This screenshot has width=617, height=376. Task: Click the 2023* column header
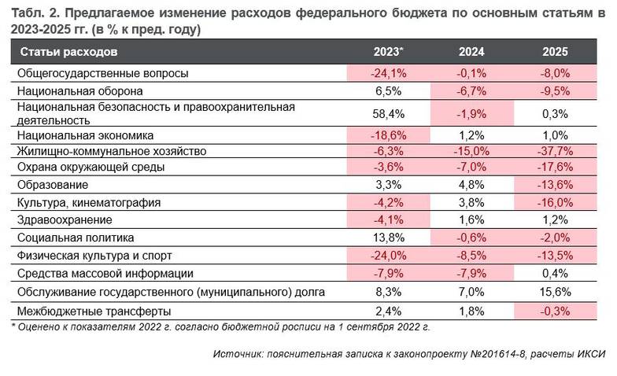point(388,53)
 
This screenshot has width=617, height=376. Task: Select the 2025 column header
point(555,53)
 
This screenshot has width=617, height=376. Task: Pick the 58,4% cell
point(388,112)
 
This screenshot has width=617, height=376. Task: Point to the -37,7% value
point(555,150)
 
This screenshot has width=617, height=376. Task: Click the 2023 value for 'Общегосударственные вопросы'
point(388,73)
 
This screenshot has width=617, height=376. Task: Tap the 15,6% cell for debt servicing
point(555,292)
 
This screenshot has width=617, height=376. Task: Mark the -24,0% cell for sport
point(388,255)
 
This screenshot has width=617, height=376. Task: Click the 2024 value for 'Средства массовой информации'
point(471,273)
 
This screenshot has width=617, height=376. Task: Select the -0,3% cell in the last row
point(555,309)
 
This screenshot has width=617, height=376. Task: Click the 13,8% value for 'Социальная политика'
point(388,237)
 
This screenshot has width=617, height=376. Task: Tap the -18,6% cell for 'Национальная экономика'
point(388,135)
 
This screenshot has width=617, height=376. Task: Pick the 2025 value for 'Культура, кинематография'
point(555,202)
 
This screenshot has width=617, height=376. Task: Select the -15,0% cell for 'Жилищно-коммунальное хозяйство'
point(471,150)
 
